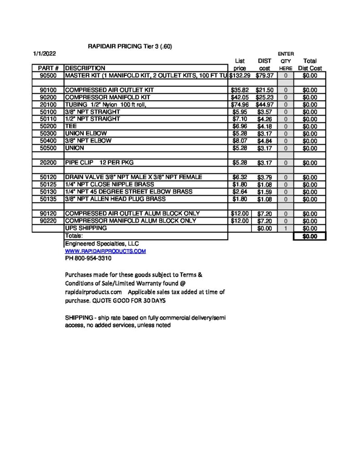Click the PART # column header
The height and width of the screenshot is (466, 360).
click(47, 68)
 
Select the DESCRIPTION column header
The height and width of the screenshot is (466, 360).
click(85, 68)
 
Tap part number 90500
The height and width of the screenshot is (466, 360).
click(48, 76)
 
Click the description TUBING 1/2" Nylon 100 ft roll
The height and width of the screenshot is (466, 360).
click(106, 105)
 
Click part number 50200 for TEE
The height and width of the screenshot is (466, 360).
click(48, 127)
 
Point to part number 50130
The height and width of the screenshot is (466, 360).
click(48, 192)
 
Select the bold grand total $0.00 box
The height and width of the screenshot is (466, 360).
click(310, 236)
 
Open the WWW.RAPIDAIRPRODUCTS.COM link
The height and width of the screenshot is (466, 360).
click(105, 251)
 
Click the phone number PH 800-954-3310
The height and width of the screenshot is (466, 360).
click(88, 258)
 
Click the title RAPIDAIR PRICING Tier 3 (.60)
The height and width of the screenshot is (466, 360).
click(130, 46)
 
